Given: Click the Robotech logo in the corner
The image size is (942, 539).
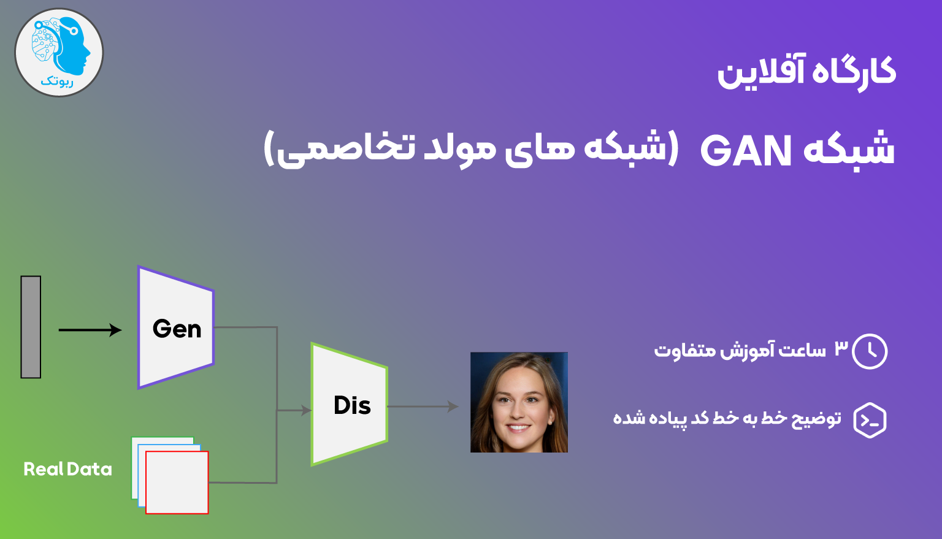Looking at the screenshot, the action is point(59,53).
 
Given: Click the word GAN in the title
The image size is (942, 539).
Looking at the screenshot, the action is point(746,150).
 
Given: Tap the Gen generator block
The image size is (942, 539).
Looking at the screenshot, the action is point(176,327).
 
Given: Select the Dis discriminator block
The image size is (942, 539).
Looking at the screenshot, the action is point(350,405).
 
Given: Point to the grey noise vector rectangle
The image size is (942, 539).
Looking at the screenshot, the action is point(31,327).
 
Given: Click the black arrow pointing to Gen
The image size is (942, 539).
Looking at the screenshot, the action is point(90,330).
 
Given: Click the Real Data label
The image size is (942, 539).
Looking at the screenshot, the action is point(67,469).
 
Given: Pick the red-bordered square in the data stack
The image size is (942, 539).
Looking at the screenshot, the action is point(177,483).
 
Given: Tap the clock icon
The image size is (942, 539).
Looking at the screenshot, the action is point(870,351).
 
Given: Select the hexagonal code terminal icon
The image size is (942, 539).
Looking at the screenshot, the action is point(870,420).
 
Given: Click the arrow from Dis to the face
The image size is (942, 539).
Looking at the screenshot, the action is point(423,407).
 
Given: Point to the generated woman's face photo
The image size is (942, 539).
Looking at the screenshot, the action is point(519,402).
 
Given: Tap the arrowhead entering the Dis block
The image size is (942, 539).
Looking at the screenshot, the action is point(307,410).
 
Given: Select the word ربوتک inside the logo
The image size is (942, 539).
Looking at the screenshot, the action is point(57,81).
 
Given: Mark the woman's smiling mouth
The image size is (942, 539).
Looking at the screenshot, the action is point(518,427).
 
